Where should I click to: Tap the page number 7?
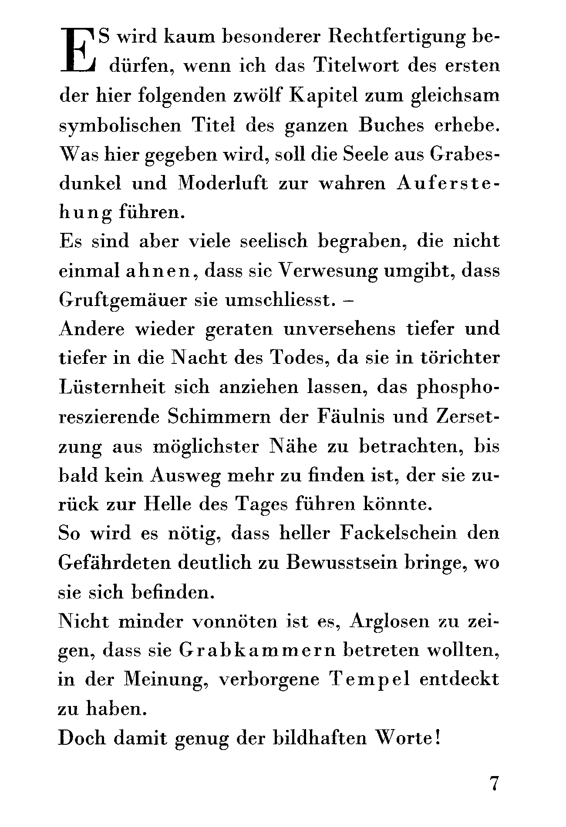click(x=494, y=783)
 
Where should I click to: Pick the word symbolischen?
click(x=120, y=126)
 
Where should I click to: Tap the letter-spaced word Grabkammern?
click(x=257, y=650)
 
